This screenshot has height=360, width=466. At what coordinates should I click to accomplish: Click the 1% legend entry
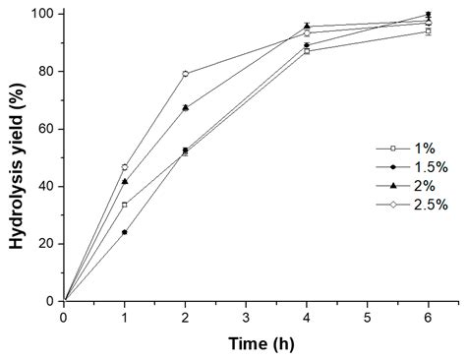tap(416, 148)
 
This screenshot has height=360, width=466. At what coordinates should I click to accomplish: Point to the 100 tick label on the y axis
tap(43, 14)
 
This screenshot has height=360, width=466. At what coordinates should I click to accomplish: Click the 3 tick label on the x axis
tap(246, 318)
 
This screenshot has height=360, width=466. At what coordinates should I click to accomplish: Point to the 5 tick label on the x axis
tap(367, 318)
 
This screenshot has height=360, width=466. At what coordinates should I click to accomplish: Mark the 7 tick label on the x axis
tap(458, 318)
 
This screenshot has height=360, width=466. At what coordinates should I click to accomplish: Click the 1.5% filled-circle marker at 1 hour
tap(125, 232)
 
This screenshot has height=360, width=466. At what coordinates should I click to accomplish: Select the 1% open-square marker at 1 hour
tap(125, 205)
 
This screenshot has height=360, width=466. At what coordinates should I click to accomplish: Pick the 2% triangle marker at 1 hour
tap(125, 181)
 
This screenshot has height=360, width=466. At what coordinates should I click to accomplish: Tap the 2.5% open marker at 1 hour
tap(125, 167)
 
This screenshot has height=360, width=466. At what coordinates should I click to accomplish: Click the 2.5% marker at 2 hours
tap(185, 74)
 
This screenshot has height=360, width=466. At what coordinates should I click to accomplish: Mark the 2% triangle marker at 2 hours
tap(185, 107)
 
